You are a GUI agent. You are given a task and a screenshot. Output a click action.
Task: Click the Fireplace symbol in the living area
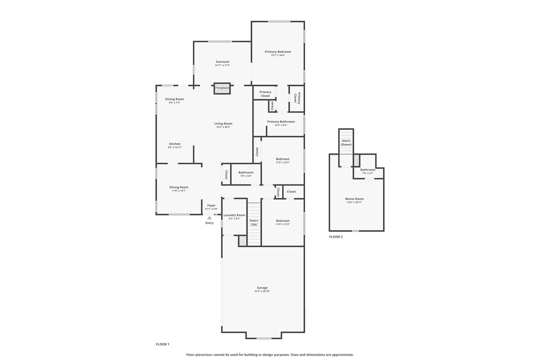click(222, 88)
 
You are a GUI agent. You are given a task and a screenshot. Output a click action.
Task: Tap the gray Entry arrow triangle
click(209, 218)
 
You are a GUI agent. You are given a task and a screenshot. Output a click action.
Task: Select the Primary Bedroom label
click(278, 52)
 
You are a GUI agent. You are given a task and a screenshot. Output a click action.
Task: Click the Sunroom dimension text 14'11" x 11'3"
click(223, 65)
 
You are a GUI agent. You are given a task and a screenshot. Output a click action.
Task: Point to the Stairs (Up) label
click(254, 222)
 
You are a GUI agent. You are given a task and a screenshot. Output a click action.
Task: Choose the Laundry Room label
click(234, 215)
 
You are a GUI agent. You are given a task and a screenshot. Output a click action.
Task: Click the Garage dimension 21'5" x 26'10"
click(262, 291)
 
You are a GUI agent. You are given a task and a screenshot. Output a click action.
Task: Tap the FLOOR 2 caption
click(336, 237)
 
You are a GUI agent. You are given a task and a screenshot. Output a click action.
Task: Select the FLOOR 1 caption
click(163, 344)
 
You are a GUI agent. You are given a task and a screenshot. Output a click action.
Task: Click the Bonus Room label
click(355, 199)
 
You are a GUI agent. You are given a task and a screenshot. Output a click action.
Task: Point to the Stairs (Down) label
click(346, 143)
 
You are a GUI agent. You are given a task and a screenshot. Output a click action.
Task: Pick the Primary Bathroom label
click(281, 122)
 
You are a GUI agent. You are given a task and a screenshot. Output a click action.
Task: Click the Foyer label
click(211, 205)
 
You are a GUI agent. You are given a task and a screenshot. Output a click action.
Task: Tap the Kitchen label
click(175, 144)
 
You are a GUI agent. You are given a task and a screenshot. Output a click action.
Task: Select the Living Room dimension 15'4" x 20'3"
click(223, 127)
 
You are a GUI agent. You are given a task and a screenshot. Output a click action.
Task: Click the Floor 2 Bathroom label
click(368, 170)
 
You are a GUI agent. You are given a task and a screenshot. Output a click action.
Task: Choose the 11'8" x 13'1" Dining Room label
click(179, 187)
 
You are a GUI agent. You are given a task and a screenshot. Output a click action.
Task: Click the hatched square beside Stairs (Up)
click(243, 241)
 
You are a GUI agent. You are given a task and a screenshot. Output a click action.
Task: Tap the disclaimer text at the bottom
click(270, 355)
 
